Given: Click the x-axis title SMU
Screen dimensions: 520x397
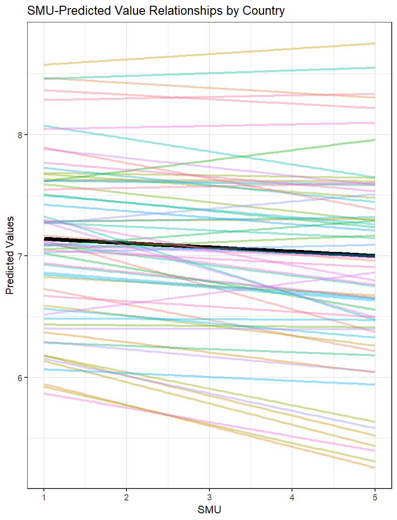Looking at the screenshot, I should (x=209, y=510).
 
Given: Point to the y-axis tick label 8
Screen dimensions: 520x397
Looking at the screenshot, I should (x=21, y=135).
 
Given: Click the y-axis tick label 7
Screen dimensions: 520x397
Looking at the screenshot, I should (x=21, y=256).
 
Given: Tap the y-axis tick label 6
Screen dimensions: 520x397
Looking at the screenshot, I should (x=21, y=378).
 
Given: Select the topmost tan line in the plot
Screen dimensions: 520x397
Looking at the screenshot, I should (x=209, y=54).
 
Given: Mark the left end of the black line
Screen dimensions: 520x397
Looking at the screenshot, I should (x=44, y=239).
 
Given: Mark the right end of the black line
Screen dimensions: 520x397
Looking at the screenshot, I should (x=374, y=256).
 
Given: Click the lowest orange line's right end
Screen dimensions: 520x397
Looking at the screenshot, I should (x=374, y=468).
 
